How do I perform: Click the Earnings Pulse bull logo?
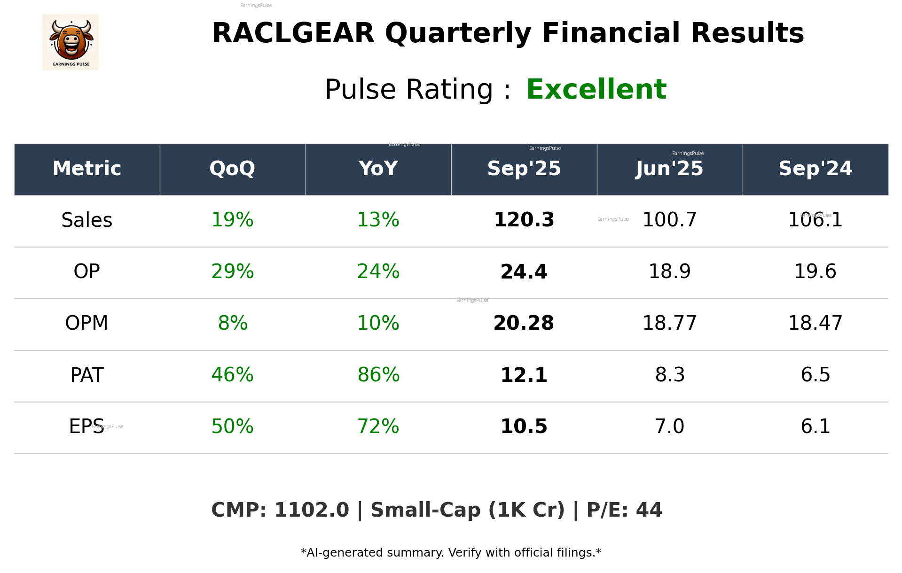click(x=71, y=42)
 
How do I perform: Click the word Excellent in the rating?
click(x=596, y=89)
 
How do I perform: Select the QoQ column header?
click(x=232, y=169)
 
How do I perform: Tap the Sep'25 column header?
click(x=524, y=169)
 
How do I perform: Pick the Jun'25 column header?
click(x=669, y=169)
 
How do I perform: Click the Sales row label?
click(x=87, y=220)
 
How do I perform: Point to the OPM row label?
click(x=87, y=323)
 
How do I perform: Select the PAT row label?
click(x=87, y=375)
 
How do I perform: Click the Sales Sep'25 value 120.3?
click(x=524, y=220)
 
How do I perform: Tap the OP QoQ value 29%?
click(x=232, y=271)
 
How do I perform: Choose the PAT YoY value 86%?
click(x=378, y=375)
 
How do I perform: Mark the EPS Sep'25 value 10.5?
click(x=524, y=426)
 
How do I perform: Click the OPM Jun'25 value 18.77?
click(x=669, y=323)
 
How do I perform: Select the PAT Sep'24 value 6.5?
click(x=816, y=375)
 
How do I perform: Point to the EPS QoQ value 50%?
click(x=232, y=426)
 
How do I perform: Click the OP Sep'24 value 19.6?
click(x=816, y=271)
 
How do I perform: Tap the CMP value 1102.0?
click(x=312, y=511)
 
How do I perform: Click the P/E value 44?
click(x=649, y=511)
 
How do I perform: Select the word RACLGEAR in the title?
click(x=293, y=33)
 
